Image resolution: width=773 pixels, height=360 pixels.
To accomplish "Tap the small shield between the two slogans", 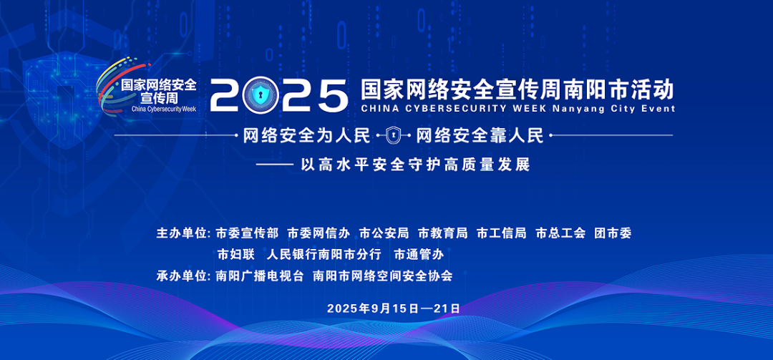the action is tap(393, 135).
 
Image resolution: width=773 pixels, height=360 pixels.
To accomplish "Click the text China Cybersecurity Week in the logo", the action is tap(164, 109).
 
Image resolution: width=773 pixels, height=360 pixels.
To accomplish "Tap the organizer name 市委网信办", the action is tap(319, 233).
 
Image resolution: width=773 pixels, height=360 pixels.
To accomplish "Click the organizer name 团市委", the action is tap(613, 233).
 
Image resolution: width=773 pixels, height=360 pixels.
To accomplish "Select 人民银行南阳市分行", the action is tap(324, 255).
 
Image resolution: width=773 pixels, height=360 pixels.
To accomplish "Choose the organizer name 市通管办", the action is tap(419, 255).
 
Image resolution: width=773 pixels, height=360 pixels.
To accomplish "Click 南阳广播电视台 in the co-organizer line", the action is tap(260, 276).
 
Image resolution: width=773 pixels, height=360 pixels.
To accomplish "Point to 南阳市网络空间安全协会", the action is tap(382, 276).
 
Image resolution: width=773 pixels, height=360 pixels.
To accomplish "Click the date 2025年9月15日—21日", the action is tap(394, 308).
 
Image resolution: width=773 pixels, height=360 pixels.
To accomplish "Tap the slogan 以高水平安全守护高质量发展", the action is tap(416, 164).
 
